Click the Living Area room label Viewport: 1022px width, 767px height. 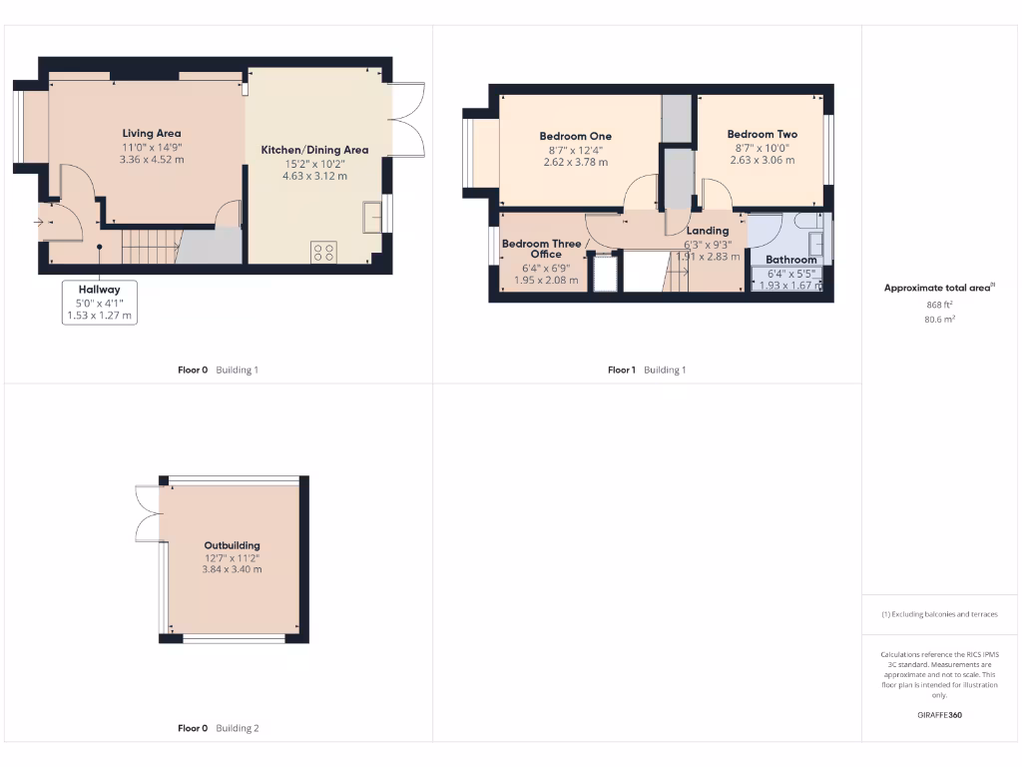click(152, 133)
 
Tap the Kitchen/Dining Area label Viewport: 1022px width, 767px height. click(314, 150)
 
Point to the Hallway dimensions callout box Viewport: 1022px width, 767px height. click(99, 303)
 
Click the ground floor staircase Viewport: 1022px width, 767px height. click(150, 246)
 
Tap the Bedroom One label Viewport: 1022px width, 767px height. click(575, 136)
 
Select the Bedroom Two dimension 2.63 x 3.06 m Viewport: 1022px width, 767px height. click(763, 160)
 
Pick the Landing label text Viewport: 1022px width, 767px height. click(708, 231)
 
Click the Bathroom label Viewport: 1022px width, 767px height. click(790, 260)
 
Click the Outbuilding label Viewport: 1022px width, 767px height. click(232, 545)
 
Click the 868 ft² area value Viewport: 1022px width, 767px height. click(940, 305)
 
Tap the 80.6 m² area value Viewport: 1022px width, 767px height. click(940, 320)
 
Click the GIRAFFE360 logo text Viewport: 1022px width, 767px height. click(939, 715)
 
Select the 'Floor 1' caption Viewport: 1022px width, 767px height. click(621, 370)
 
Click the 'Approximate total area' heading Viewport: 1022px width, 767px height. click(937, 288)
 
